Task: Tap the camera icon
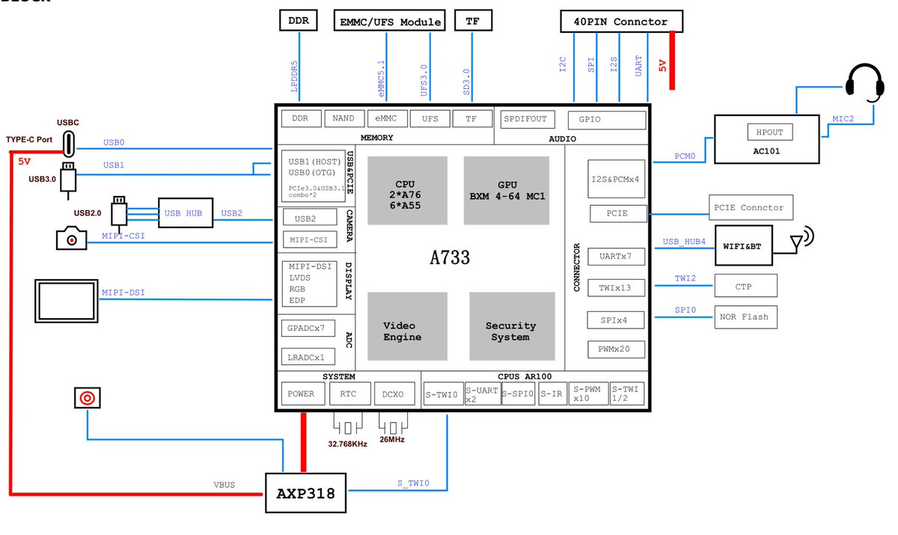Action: (x=71, y=239)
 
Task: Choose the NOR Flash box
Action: (x=745, y=317)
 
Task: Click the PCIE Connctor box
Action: (x=751, y=207)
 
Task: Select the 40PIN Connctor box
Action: (x=622, y=22)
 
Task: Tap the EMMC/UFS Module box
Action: (x=388, y=22)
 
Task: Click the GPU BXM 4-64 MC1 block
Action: (x=507, y=190)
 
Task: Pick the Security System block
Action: (x=511, y=331)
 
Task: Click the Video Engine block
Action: (x=406, y=331)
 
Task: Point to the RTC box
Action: (x=347, y=394)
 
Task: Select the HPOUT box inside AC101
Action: (x=770, y=132)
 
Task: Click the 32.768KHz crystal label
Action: (x=347, y=444)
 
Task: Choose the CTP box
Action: (x=745, y=285)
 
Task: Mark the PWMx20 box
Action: (x=615, y=349)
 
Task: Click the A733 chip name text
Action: (x=450, y=257)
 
